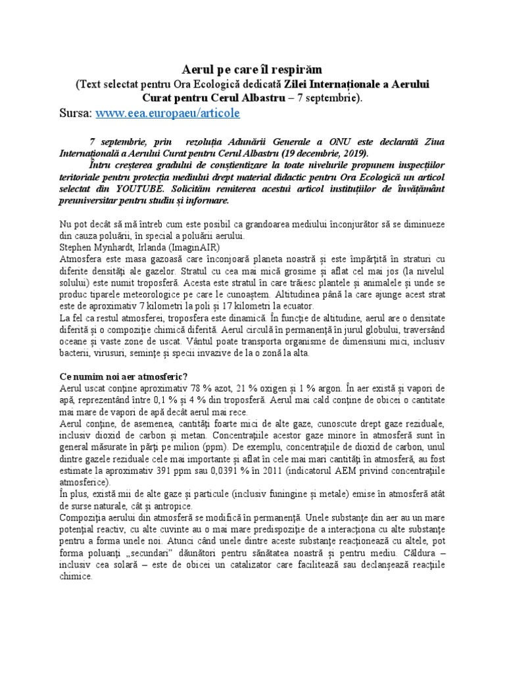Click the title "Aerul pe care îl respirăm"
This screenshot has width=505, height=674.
[x=252, y=70]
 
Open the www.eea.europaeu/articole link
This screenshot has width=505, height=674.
[x=168, y=113]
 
